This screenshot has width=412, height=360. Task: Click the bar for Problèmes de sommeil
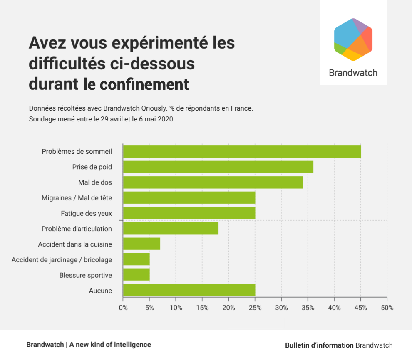242,152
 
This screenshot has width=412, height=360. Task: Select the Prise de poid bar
218,167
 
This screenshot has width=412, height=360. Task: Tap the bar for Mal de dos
213,182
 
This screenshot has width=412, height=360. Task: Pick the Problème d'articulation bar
171,229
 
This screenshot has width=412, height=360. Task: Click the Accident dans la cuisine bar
141,244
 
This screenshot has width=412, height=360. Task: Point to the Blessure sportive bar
136,275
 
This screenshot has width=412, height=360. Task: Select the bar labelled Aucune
189,290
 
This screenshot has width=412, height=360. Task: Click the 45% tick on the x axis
360,308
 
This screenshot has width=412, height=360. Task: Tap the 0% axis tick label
123,308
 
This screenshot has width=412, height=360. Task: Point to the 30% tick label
281,308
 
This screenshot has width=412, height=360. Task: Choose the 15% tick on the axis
202,308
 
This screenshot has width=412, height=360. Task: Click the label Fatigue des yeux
86,213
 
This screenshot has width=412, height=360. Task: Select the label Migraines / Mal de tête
77,198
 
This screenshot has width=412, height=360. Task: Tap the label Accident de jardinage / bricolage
62,260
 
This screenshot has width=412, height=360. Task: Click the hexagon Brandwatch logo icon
353,39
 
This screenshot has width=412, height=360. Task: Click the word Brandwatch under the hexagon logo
353,73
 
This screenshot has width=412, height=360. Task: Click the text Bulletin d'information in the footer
319,345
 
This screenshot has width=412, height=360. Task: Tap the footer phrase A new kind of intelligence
110,345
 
